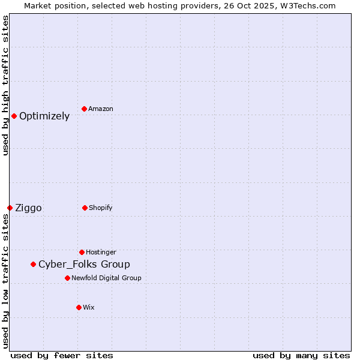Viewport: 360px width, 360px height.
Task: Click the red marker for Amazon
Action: (x=84, y=109)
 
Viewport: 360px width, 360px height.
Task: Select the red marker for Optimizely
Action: (x=14, y=116)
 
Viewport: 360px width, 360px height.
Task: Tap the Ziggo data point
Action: (x=10, y=208)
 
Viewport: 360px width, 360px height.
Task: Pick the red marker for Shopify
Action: (x=85, y=208)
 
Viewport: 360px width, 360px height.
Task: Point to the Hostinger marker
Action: (x=82, y=252)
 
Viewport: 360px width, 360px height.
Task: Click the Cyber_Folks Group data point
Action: (x=33, y=264)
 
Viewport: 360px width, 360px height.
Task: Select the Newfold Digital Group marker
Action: (x=67, y=278)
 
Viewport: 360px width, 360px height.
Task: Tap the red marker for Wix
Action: (x=79, y=307)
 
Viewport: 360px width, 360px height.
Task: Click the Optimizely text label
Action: (x=44, y=116)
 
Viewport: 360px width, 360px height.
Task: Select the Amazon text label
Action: (x=101, y=109)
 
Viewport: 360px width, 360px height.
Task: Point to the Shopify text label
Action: (x=101, y=208)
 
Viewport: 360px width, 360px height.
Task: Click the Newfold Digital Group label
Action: (x=106, y=278)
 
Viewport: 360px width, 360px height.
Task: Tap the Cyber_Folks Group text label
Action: (x=84, y=265)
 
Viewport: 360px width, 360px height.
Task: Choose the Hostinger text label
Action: (x=101, y=253)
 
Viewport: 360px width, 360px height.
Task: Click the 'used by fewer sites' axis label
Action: (x=62, y=355)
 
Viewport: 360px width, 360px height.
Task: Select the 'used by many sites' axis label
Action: (x=301, y=355)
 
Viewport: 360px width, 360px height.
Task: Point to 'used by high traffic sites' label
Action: (x=6, y=85)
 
